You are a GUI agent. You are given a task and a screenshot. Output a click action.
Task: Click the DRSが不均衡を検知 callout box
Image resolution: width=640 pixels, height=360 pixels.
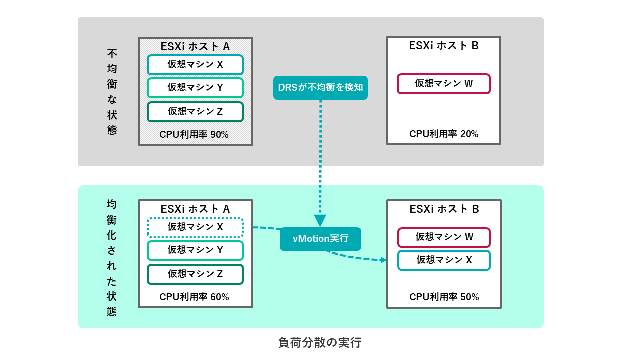(x=320, y=88)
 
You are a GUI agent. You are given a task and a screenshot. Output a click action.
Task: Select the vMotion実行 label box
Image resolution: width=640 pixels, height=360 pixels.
(x=320, y=239)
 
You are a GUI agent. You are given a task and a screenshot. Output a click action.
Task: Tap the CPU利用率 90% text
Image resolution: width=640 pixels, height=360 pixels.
(x=194, y=134)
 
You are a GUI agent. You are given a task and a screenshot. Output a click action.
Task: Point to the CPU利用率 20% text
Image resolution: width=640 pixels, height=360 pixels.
(x=444, y=134)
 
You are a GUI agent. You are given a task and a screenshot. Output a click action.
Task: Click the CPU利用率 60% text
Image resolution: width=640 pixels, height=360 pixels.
(x=194, y=297)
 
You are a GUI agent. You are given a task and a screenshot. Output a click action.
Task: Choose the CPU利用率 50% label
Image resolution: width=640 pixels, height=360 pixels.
(x=444, y=297)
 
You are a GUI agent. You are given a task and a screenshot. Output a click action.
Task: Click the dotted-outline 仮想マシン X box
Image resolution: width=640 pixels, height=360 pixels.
(x=195, y=227)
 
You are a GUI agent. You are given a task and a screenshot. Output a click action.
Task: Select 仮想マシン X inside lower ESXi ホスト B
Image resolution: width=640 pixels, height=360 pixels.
(x=444, y=260)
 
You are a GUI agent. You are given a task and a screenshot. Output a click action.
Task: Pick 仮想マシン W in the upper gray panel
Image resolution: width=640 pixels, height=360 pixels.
(x=444, y=84)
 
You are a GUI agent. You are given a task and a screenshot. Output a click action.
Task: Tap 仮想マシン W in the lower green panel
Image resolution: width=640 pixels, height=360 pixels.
(x=444, y=237)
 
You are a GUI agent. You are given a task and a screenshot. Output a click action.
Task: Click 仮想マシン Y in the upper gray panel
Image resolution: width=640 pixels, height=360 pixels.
(x=195, y=88)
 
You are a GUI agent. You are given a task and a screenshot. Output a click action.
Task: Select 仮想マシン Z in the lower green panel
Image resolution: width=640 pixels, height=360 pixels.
(x=195, y=274)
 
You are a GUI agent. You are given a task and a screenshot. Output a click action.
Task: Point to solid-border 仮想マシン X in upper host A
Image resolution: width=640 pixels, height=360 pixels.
(x=195, y=65)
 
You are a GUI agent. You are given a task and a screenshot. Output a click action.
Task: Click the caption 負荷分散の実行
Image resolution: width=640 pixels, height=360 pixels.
(x=320, y=343)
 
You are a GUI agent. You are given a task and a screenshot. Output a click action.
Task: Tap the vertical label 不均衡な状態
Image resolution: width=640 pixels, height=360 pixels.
(x=112, y=92)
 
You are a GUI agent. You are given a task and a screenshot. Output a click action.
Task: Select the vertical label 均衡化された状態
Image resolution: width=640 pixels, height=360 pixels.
(x=112, y=258)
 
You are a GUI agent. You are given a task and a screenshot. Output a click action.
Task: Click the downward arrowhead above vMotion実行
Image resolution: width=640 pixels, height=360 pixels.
(x=320, y=220)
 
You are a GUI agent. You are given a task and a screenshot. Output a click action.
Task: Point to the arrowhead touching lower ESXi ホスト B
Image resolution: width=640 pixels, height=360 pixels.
(x=383, y=260)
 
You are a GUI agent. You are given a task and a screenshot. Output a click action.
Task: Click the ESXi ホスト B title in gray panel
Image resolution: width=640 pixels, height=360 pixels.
(x=444, y=46)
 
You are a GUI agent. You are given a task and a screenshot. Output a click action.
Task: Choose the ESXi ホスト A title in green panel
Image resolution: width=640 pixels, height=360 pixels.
(x=195, y=209)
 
